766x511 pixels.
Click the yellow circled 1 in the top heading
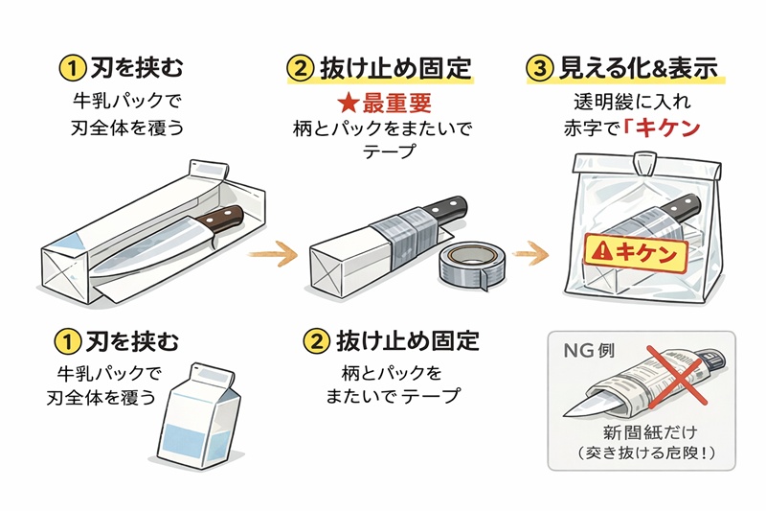[71, 68]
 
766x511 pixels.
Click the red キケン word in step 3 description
[663, 128]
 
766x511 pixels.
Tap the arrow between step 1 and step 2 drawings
[271, 255]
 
